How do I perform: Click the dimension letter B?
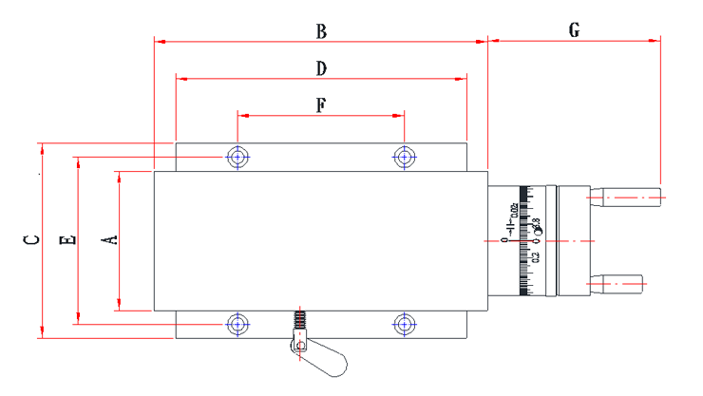point(321,32)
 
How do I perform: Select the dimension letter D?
point(321,68)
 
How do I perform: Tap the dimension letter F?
point(320,106)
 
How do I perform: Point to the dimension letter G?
point(574,30)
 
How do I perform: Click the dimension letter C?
point(32,239)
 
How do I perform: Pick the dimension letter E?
point(67,239)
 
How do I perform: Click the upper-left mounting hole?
point(237,156)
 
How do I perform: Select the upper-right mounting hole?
point(405,156)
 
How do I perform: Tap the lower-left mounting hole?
point(237,324)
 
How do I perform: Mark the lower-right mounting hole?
point(405,324)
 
